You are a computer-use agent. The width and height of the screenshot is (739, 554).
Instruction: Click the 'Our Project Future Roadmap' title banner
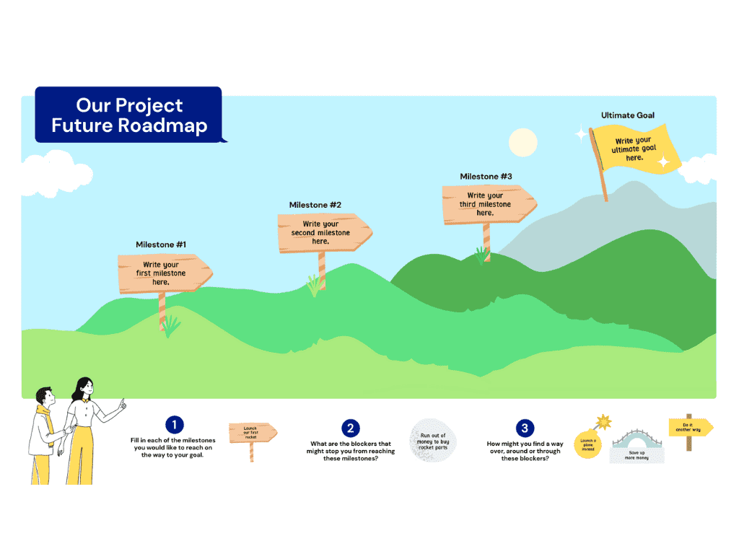[128, 115]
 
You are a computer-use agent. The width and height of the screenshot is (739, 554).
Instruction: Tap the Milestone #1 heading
[161, 245]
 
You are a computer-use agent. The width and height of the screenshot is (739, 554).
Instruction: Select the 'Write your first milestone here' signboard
[163, 273]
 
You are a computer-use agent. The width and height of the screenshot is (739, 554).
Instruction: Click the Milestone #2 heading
[315, 205]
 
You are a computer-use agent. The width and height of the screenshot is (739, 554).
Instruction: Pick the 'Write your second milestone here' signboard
[323, 233]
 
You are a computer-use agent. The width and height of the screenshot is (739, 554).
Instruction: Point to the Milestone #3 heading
[486, 177]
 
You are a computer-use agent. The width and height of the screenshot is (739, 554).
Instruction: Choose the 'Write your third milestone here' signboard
[487, 204]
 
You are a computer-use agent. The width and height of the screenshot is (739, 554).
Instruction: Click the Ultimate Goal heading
[627, 115]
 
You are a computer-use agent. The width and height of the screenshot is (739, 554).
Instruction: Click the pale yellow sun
[522, 142]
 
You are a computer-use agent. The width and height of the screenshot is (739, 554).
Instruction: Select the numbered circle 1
[174, 426]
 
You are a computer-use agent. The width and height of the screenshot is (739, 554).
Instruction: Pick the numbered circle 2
[350, 428]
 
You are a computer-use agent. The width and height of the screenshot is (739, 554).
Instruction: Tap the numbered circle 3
[524, 428]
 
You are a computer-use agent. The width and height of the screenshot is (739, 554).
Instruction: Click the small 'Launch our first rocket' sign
[252, 433]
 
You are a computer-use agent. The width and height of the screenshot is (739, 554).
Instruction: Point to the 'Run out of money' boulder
[434, 439]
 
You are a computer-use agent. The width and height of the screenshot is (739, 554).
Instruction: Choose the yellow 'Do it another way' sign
[690, 427]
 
